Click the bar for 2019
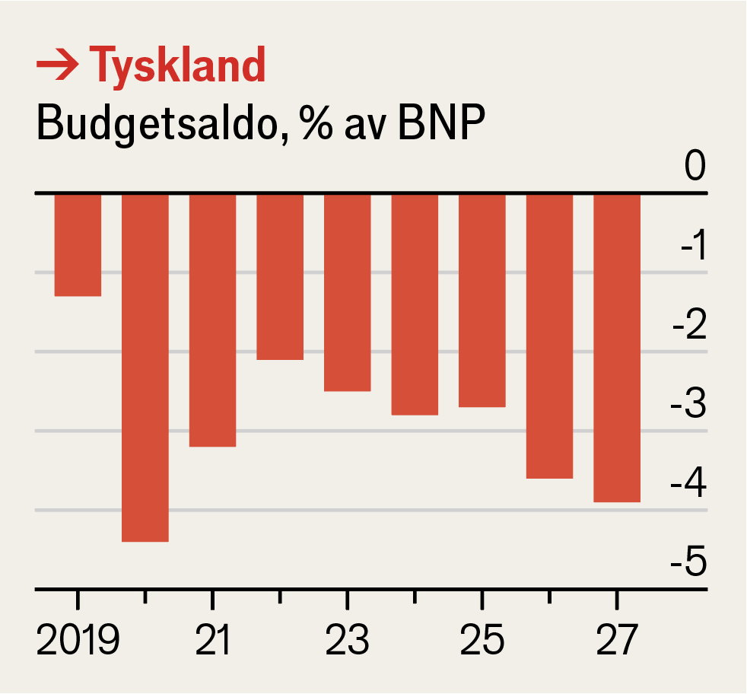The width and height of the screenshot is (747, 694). [x=78, y=245]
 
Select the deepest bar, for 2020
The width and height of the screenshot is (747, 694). [x=145, y=368]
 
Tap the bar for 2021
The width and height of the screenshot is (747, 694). [x=212, y=320]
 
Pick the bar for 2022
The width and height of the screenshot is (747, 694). [x=280, y=277]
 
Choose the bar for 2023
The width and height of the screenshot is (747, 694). [x=347, y=293]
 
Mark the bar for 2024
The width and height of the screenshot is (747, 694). [x=415, y=304]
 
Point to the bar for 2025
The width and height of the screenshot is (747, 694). [x=482, y=301]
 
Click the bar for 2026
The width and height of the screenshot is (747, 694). [x=549, y=336]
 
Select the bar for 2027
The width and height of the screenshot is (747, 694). [x=617, y=349]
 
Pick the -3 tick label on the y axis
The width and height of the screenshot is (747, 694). [x=688, y=405]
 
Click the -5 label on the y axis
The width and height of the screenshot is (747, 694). [x=688, y=563]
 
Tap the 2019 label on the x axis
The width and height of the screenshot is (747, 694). [x=78, y=641]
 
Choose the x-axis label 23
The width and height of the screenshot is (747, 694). [x=347, y=641]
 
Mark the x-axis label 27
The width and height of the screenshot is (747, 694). [x=616, y=641]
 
